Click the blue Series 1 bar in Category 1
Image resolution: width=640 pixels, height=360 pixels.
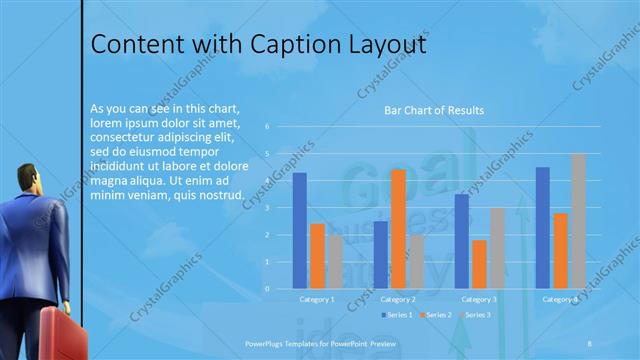point(300,230)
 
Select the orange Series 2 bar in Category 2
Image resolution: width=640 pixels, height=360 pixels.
point(398,229)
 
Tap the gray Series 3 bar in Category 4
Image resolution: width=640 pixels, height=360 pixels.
point(578,221)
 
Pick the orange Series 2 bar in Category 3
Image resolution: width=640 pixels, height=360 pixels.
point(480,264)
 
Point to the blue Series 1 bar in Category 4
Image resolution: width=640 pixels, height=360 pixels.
point(542,227)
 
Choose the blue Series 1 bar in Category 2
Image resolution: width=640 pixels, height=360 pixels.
point(381,255)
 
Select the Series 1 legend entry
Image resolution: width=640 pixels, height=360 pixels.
point(395,315)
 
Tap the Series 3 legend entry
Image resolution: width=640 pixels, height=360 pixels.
point(475,315)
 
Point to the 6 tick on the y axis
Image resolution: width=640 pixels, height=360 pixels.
point(268,127)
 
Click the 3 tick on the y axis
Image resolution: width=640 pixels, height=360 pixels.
point(268,208)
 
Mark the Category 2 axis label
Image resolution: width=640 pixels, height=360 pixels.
point(398,299)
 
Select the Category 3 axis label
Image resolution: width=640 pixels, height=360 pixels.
point(479,299)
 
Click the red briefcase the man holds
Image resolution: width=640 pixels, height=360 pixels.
point(61,334)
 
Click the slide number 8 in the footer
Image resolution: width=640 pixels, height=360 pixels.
point(590,341)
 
